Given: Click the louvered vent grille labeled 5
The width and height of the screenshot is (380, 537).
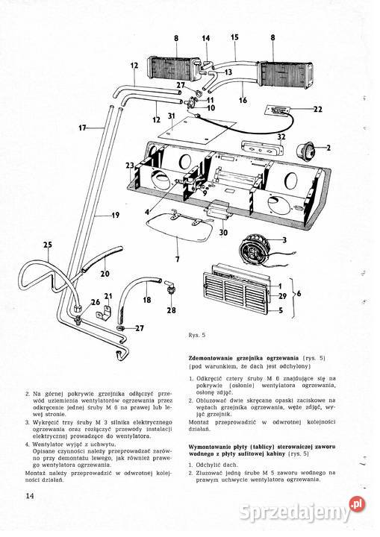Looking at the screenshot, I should (237, 295).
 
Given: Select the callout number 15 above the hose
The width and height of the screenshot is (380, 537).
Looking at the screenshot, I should (234, 37).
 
